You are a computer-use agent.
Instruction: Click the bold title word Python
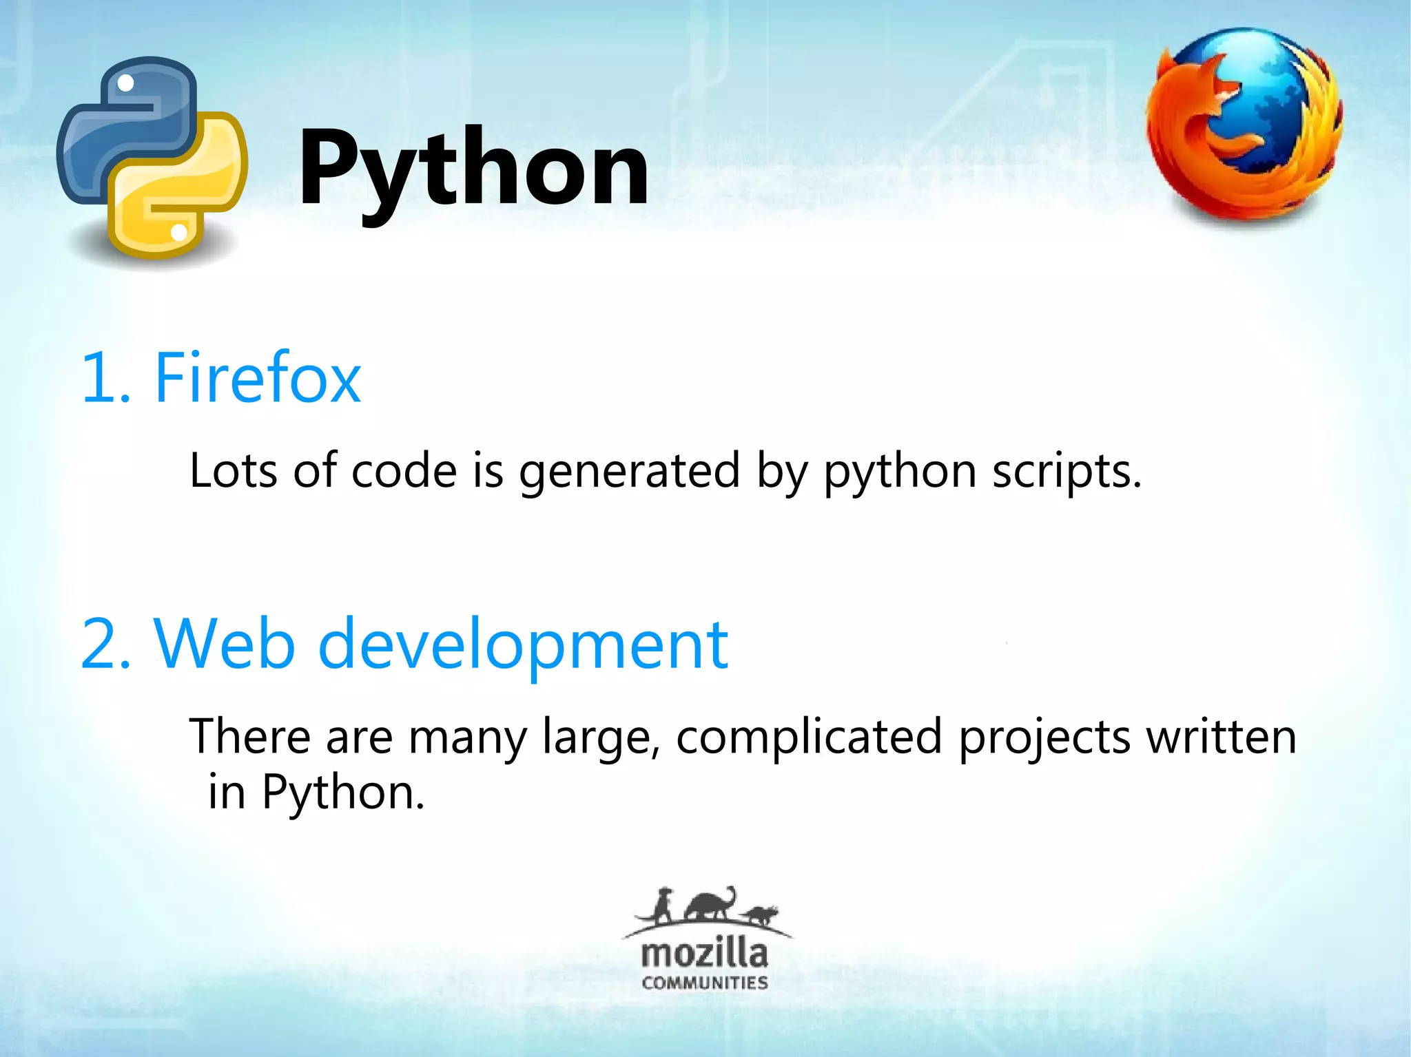pos(473,169)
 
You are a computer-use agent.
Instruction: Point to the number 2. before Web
pos(105,644)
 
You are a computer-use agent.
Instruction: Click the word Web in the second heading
pos(225,644)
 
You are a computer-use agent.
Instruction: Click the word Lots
pos(234,471)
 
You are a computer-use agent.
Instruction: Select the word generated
pos(629,472)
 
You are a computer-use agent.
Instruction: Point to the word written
pos(1221,736)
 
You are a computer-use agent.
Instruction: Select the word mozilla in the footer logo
pos(704,954)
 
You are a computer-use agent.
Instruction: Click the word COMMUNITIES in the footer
pos(704,983)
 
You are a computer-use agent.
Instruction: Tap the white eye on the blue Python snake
pos(126,83)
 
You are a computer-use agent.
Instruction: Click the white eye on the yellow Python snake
pos(178,232)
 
